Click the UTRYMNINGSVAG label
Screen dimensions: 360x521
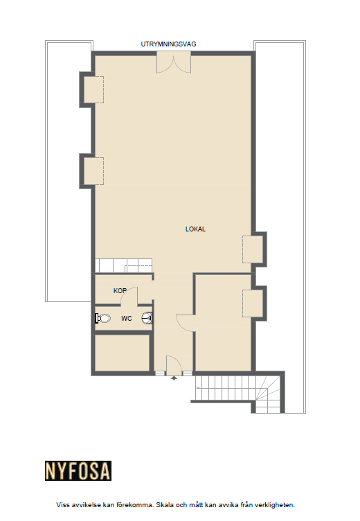click(x=168, y=44)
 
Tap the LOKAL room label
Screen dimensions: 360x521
click(x=195, y=229)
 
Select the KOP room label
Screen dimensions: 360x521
click(x=120, y=291)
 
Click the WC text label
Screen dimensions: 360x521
click(x=127, y=318)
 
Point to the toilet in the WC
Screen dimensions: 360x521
click(x=102, y=318)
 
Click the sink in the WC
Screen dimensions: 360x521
click(x=147, y=318)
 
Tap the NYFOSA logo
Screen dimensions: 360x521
click(x=78, y=470)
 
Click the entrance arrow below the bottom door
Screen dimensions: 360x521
click(x=174, y=378)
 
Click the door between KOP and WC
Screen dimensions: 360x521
click(x=129, y=297)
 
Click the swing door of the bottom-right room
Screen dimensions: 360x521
click(x=185, y=323)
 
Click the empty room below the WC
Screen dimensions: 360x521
click(x=122, y=353)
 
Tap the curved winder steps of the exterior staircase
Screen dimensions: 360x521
click(x=269, y=394)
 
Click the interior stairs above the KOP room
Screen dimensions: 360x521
click(x=123, y=266)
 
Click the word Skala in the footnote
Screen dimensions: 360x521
click(x=165, y=505)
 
